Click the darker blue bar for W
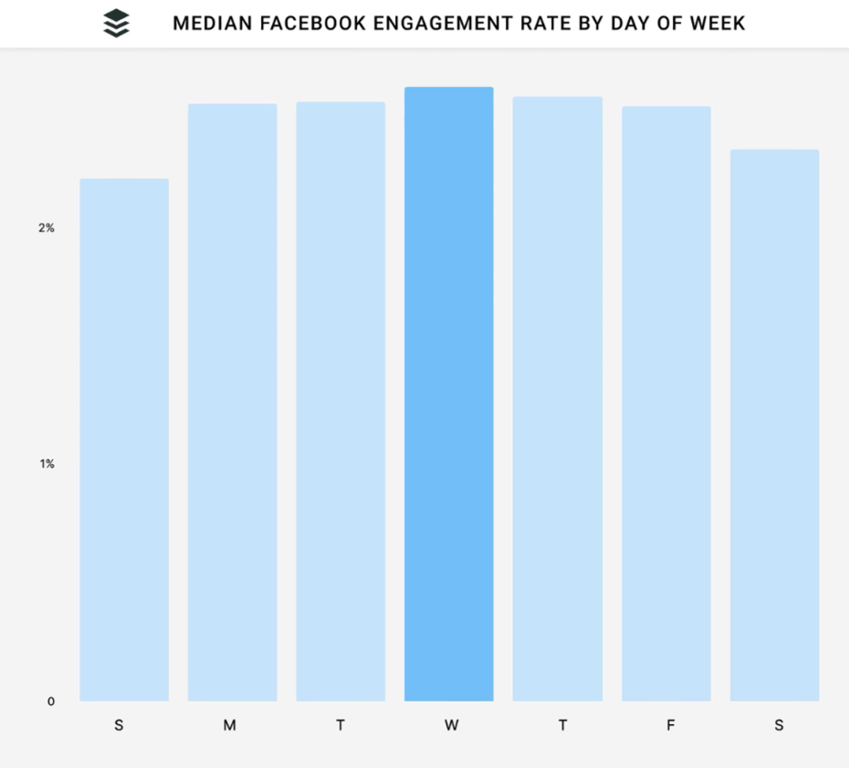(449, 394)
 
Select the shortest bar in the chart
(124, 439)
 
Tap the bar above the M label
(233, 402)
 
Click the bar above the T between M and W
(341, 401)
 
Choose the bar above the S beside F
(775, 425)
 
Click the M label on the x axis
(230, 725)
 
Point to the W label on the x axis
(451, 725)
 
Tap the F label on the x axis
(671, 725)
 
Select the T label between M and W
(341, 725)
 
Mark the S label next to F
(779, 725)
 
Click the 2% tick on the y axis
(47, 227)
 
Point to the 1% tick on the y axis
(47, 464)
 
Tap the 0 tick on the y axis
(51, 701)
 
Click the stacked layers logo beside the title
(117, 24)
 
